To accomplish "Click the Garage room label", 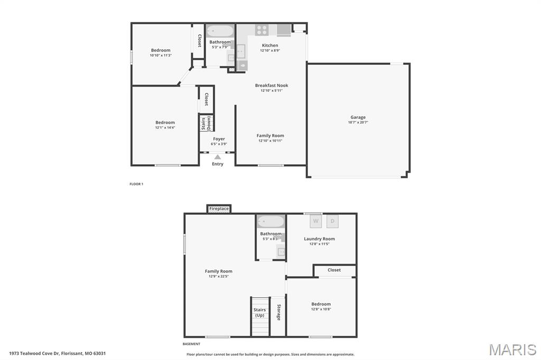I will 358,117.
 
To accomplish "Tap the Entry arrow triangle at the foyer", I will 218,157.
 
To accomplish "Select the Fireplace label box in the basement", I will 219,209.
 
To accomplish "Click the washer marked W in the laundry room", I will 316,221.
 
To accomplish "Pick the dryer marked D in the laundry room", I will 332,221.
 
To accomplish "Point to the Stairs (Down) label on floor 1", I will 206,123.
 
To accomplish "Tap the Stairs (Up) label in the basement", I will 259,312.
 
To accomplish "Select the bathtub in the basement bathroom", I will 270,222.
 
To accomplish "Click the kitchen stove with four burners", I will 262,30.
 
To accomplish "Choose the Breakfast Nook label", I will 272,86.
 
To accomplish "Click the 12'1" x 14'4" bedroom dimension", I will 165,128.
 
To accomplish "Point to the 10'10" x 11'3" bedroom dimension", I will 161,55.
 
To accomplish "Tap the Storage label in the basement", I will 278,312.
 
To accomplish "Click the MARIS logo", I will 512,349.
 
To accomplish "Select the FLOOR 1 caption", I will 136,184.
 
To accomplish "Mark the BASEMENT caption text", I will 192,344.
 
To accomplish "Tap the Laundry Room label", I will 319,239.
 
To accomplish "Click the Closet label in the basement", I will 334,270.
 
